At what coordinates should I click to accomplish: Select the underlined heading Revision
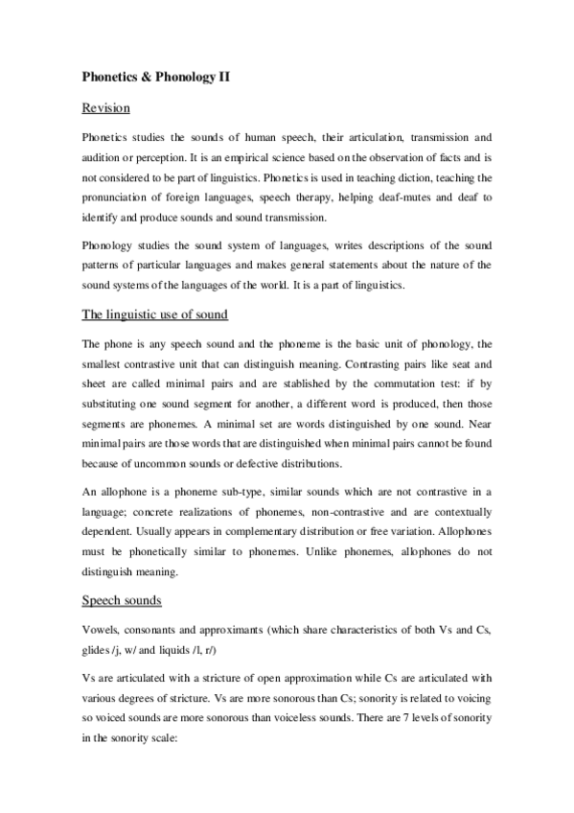click(105, 107)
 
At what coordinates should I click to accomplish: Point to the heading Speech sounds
click(122, 600)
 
